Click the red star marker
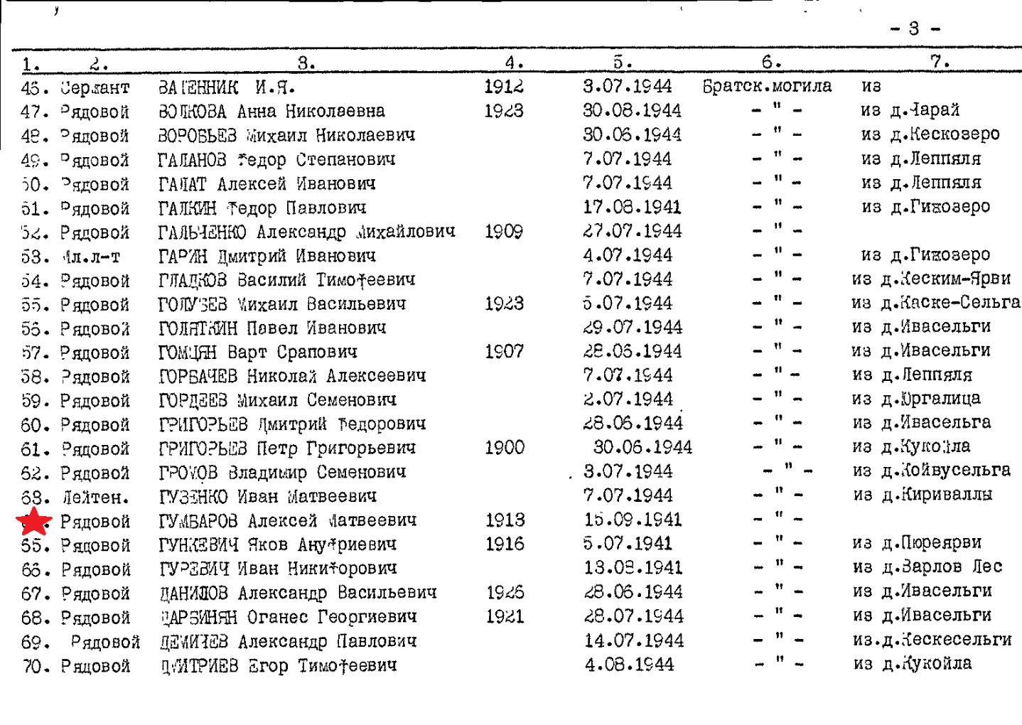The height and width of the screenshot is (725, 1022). [x=34, y=521]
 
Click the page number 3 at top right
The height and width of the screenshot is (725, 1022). [x=914, y=29]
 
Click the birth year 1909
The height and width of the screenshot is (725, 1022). [x=504, y=232]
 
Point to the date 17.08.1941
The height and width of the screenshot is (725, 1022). [x=631, y=208]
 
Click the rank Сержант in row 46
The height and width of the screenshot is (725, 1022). [x=95, y=88]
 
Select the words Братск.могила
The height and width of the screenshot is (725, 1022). [x=767, y=87]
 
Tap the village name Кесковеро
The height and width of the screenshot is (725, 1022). [x=954, y=134]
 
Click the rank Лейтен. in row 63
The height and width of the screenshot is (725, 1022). [x=95, y=497]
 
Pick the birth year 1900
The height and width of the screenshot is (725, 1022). [x=504, y=448]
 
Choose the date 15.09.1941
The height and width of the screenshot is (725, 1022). [x=633, y=520]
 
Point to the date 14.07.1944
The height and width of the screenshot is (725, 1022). [x=634, y=641]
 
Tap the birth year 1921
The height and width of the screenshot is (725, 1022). [x=505, y=616]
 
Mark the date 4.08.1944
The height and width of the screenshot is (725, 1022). [x=629, y=665]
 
